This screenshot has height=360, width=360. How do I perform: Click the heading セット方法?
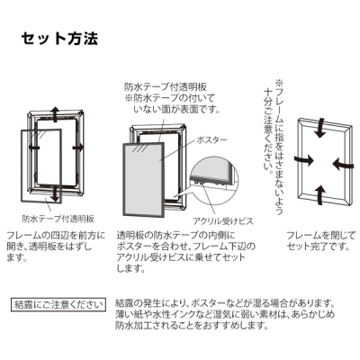click(x=59, y=38)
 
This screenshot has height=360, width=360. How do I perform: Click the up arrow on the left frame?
click(x=55, y=114)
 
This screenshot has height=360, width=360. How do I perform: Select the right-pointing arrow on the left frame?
click(x=79, y=148)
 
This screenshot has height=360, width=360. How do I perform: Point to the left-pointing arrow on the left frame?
click(x=34, y=148)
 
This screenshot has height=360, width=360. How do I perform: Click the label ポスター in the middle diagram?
click(x=211, y=140)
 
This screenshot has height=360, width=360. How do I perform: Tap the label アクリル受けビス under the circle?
click(x=223, y=221)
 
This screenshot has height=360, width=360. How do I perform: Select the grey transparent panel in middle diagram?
click(x=143, y=179)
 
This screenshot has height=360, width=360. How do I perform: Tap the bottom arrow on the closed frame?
click(x=320, y=195)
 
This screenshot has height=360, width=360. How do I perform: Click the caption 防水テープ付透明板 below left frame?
click(x=58, y=219)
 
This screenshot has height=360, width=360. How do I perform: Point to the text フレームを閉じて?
click(x=320, y=235)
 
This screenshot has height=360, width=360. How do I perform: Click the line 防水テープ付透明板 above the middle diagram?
click(x=166, y=87)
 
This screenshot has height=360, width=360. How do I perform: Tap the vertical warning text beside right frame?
click(x=274, y=147)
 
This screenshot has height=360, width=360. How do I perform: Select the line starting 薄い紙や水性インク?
click(x=225, y=314)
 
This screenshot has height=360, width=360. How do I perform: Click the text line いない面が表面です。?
click(x=176, y=110)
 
